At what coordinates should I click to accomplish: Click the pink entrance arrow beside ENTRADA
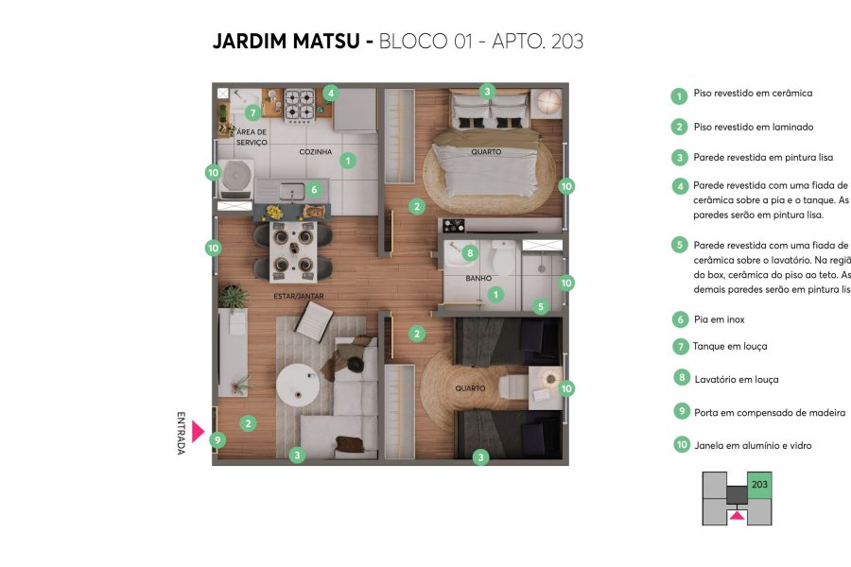pyautogui.click(x=197, y=432)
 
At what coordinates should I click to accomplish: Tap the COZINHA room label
pyautogui.click(x=315, y=151)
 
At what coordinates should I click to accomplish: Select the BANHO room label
pyautogui.click(x=478, y=279)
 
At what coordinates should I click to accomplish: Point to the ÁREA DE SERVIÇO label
pyautogui.click(x=252, y=137)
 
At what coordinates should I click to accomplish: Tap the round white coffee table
pyautogui.click(x=300, y=383)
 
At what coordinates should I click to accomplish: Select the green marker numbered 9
pyautogui.click(x=217, y=439)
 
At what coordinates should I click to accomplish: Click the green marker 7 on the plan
pyautogui.click(x=252, y=112)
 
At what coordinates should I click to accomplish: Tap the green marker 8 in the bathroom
pyautogui.click(x=470, y=252)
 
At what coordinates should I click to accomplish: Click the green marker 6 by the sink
pyautogui.click(x=314, y=190)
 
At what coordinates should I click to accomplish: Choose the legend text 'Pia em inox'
pyautogui.click(x=719, y=320)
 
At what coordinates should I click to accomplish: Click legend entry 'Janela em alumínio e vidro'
pyautogui.click(x=752, y=445)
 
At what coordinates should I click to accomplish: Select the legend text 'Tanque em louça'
pyautogui.click(x=730, y=347)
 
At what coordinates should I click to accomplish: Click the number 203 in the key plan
pyautogui.click(x=759, y=485)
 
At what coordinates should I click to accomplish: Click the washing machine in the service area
pyautogui.click(x=236, y=177)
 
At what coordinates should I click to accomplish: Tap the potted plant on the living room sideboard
pyautogui.click(x=234, y=297)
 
